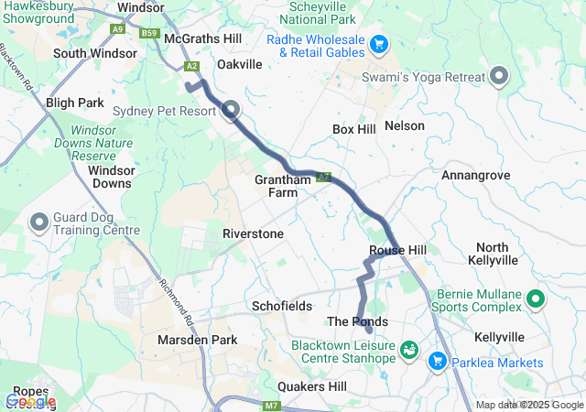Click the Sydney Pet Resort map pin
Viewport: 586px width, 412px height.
point(230,111)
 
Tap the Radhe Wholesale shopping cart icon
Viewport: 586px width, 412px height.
point(379,44)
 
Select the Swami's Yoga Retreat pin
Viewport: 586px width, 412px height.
point(500,77)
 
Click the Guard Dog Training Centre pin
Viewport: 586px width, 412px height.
point(40,222)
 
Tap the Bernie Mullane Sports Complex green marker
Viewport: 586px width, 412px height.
point(537,298)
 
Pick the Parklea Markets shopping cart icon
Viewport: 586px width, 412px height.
point(436,362)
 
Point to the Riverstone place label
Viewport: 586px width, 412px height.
point(253,234)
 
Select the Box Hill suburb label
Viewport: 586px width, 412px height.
point(354,130)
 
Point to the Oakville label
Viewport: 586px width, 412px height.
point(239,64)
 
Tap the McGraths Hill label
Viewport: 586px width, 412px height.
point(202,39)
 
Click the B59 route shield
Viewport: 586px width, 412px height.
point(150,33)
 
